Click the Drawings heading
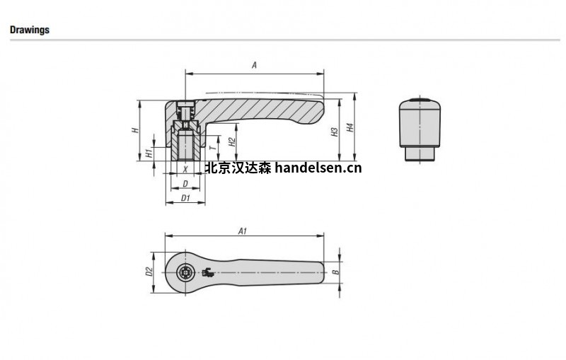point(30,30)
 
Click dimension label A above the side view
point(254,65)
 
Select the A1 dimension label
point(243,231)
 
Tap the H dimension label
point(135,129)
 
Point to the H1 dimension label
point(149,153)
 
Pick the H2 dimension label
point(233,141)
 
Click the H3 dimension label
point(335,132)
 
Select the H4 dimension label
point(350,127)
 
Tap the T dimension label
point(213,148)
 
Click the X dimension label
point(185,169)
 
